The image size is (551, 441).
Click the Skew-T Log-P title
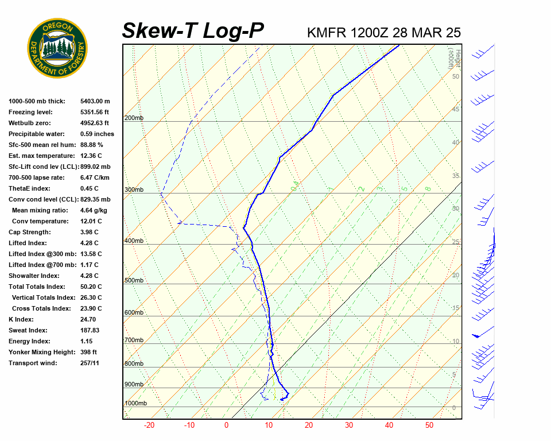tap(193, 31)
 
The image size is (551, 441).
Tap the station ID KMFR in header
tap(327, 32)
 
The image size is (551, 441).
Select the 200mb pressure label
tap(134, 118)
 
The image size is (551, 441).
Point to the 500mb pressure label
tap(134, 280)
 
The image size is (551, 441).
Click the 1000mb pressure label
tap(135, 403)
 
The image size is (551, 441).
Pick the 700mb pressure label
tap(134, 340)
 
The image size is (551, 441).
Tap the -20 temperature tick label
tap(149, 425)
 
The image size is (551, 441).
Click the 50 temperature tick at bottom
tap(429, 425)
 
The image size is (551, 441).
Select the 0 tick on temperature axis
tap(226, 425)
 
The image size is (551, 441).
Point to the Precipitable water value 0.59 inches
tap(97, 134)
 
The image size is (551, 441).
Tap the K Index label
tap(21, 319)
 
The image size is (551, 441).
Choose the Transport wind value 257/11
tap(90, 363)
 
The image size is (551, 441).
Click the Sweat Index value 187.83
tap(90, 330)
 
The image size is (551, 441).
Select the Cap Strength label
tap(30, 232)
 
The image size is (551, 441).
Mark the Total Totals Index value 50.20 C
tap(91, 287)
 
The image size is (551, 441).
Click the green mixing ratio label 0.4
tap(294, 186)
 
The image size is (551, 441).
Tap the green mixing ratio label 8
tap(428, 188)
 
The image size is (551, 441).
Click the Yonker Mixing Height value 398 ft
tap(89, 352)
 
